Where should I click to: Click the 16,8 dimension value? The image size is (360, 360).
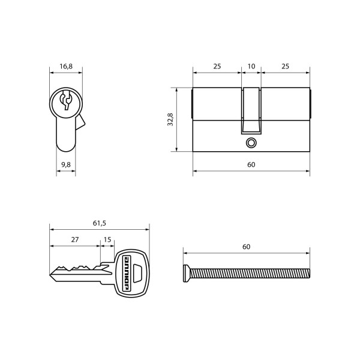[x=66, y=67]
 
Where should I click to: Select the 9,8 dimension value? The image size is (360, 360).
[x=66, y=165]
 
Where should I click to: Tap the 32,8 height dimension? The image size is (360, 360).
[x=170, y=119]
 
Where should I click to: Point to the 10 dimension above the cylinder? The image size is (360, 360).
[x=251, y=67]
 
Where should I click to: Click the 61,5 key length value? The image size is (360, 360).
[x=100, y=223]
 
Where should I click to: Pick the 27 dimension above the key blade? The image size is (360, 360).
[x=75, y=239]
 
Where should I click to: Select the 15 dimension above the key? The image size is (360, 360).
[x=107, y=239]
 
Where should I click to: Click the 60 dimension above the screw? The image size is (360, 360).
[x=247, y=247]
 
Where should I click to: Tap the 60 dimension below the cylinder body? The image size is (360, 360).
[x=251, y=164]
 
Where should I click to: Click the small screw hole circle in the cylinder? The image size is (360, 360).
[x=251, y=143]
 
